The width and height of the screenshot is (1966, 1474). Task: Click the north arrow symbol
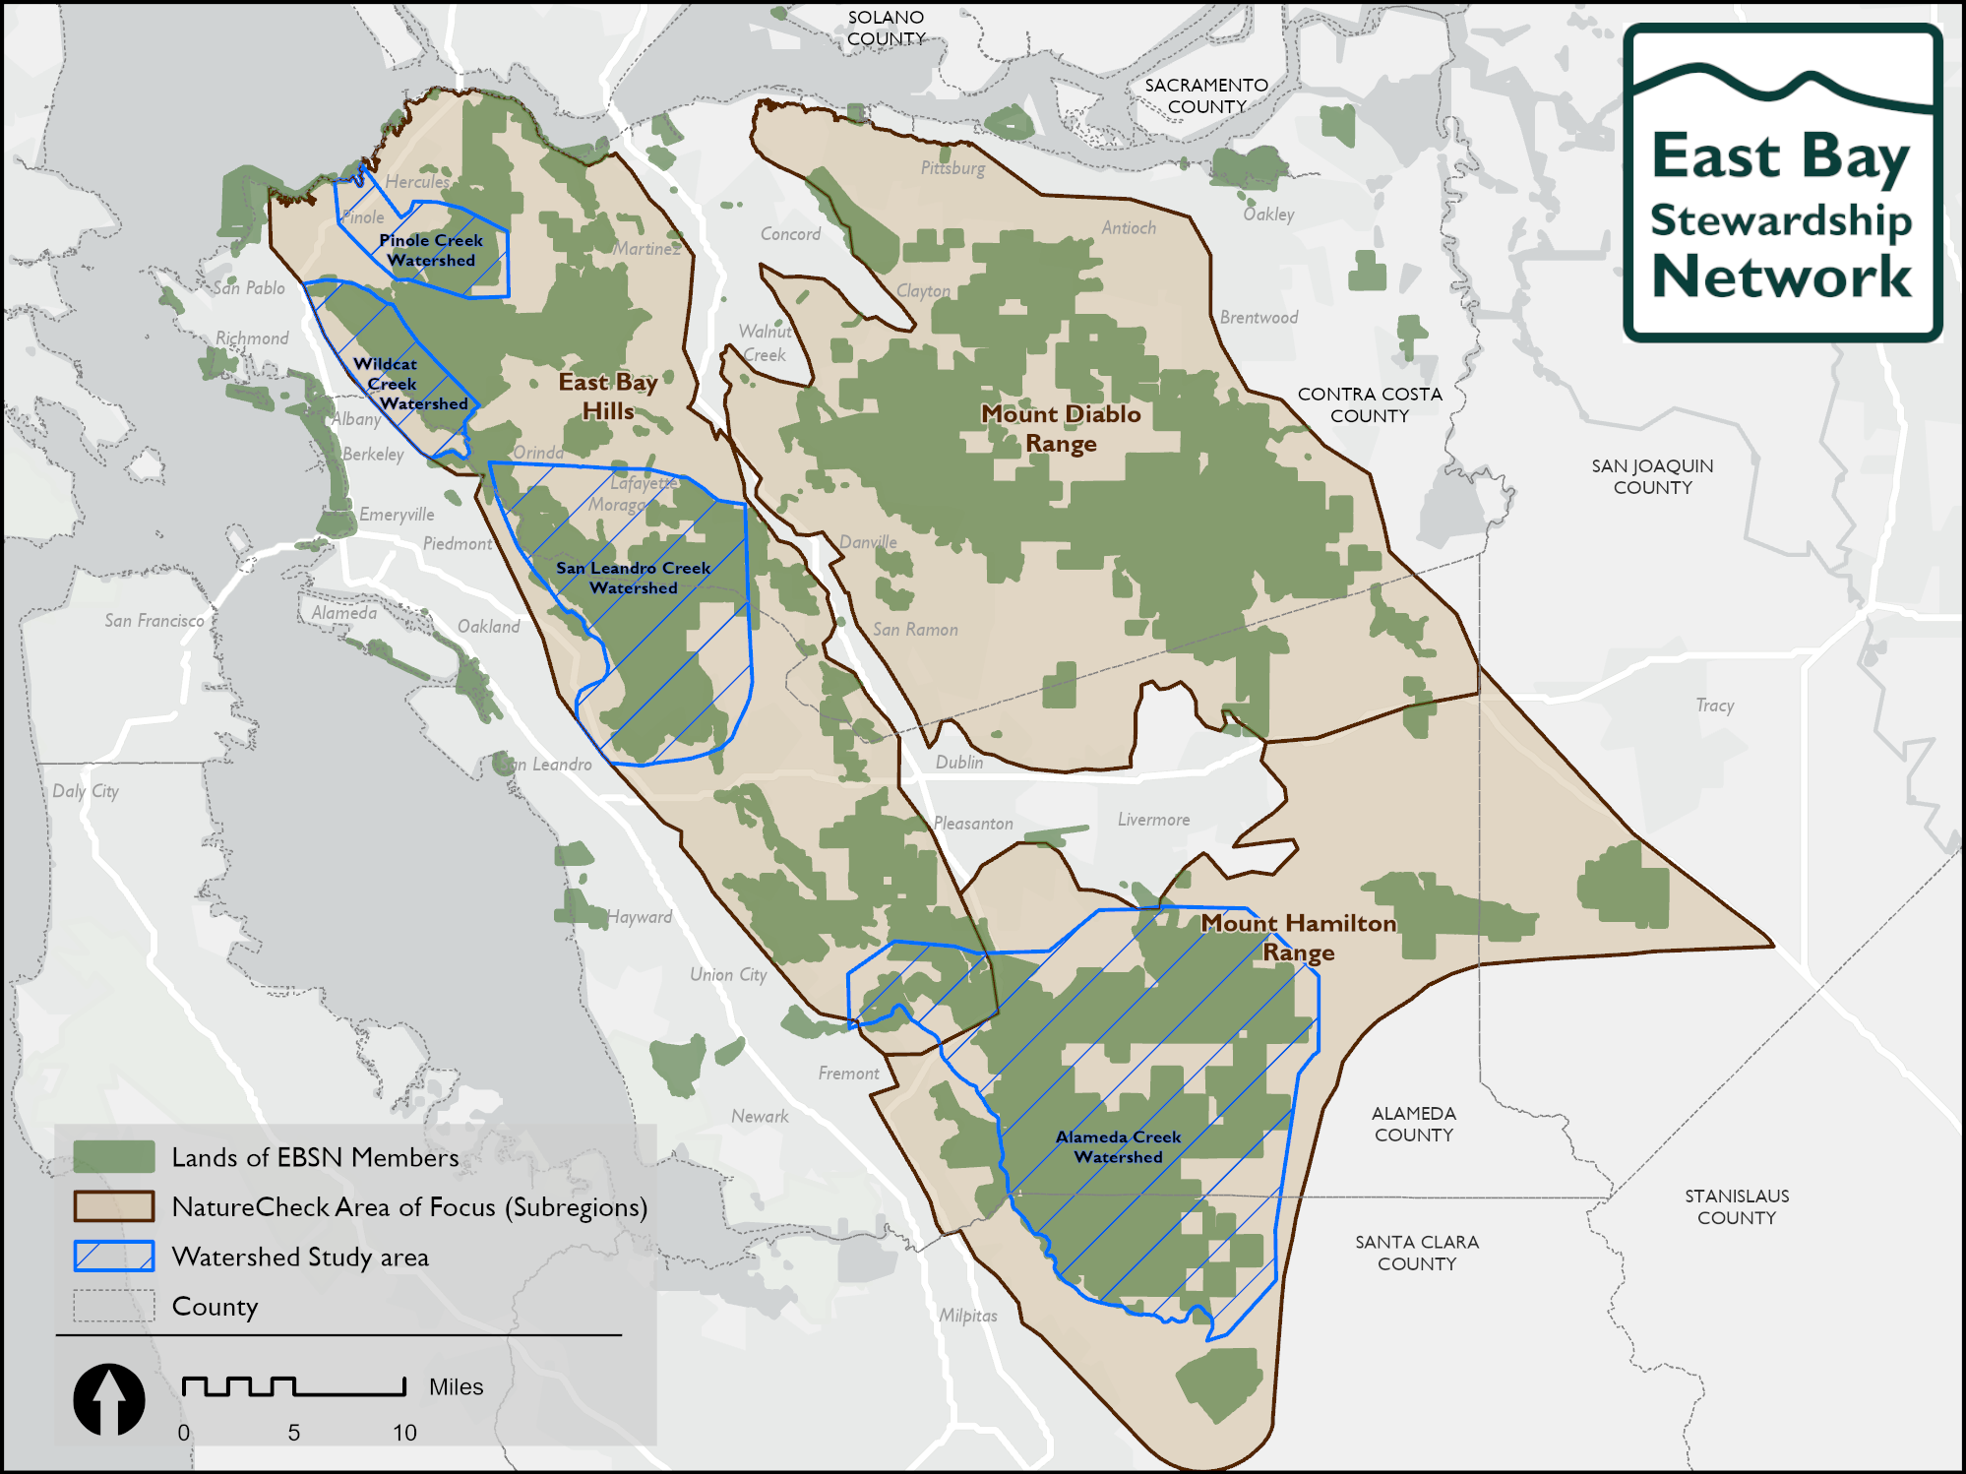109,1399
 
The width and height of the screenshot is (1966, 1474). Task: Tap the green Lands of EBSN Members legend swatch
114,1157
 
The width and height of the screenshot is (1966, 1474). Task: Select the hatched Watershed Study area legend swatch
114,1257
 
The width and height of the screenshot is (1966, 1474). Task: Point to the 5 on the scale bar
293,1433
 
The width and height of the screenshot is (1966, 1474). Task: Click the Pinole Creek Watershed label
431,250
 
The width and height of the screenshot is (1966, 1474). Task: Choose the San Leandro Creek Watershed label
633,578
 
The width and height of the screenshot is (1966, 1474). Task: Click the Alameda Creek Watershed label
1118,1146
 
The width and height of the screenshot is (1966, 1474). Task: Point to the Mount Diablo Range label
1061,428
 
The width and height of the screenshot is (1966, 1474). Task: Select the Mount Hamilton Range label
1298,937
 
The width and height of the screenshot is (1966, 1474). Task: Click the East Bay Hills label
607,396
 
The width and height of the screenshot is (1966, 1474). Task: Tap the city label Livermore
1153,820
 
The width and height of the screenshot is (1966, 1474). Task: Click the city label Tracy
1714,706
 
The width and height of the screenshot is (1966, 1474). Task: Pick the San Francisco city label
154,621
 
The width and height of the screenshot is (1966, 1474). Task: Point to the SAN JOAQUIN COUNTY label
1652,476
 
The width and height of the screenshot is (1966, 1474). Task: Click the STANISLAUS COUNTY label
1736,1206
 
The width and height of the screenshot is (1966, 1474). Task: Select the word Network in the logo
1781,276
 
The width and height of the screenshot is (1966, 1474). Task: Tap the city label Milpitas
967,1316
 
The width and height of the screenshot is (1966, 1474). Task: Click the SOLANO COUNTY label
886,28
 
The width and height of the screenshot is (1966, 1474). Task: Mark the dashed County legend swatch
114,1306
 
